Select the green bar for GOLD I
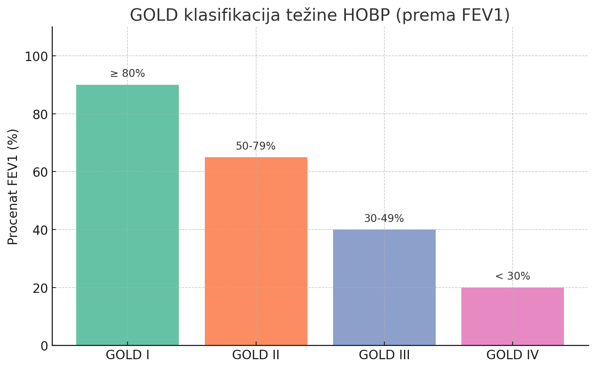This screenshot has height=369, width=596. [127, 215]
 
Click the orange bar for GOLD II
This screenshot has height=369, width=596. [256, 251]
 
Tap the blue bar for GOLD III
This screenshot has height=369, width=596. [384, 287]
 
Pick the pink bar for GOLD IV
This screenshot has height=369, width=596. [512, 316]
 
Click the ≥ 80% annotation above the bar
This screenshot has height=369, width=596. [127, 73]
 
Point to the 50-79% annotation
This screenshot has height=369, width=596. [256, 146]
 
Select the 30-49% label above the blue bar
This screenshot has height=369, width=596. [384, 218]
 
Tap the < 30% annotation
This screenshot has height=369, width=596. [512, 276]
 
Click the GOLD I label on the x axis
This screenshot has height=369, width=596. [127, 355]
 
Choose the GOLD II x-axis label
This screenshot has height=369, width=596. [256, 355]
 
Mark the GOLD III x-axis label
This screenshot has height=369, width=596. [384, 355]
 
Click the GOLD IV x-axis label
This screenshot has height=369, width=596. [512, 355]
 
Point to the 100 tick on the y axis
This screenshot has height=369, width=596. [36, 57]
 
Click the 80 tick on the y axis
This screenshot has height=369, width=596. [40, 114]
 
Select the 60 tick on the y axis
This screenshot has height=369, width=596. [40, 172]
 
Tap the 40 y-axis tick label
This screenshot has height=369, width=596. [40, 230]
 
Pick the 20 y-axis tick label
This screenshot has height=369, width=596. [40, 288]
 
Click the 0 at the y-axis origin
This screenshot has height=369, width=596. [45, 346]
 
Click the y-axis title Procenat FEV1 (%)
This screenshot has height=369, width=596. [13, 187]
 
